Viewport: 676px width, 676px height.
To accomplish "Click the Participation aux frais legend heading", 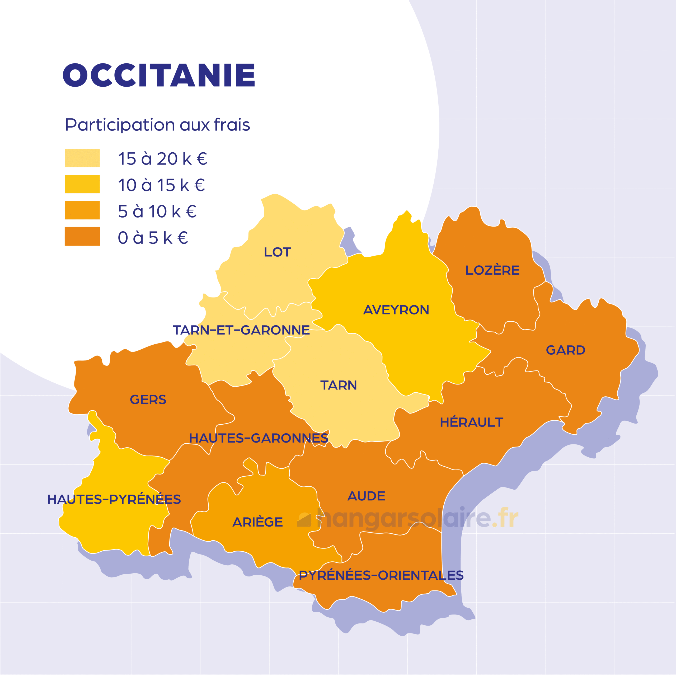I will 157,125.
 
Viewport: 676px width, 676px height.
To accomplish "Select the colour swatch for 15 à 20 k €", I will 82,158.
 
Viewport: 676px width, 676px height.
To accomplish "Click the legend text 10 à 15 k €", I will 161,185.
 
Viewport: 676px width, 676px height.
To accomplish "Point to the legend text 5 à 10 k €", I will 157,211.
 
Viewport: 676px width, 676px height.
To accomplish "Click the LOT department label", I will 277,252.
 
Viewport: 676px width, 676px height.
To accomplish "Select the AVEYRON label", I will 396,310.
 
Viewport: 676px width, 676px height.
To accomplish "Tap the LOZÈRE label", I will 492,270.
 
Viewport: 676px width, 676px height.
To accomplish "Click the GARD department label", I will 565,350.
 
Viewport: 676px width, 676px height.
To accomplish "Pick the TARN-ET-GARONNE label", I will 241,330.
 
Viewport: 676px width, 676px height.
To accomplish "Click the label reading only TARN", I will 338,385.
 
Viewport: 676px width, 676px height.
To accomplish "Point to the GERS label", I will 148,400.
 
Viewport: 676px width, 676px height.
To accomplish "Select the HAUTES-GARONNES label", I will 259,438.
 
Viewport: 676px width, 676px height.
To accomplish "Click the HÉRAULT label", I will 471,422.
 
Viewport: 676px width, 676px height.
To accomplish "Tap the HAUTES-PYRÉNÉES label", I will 114,499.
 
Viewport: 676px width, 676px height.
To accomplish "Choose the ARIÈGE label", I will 257,522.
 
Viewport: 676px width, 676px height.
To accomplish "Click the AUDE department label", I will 366,496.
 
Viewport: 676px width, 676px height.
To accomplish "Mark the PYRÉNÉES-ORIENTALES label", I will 381,575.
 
